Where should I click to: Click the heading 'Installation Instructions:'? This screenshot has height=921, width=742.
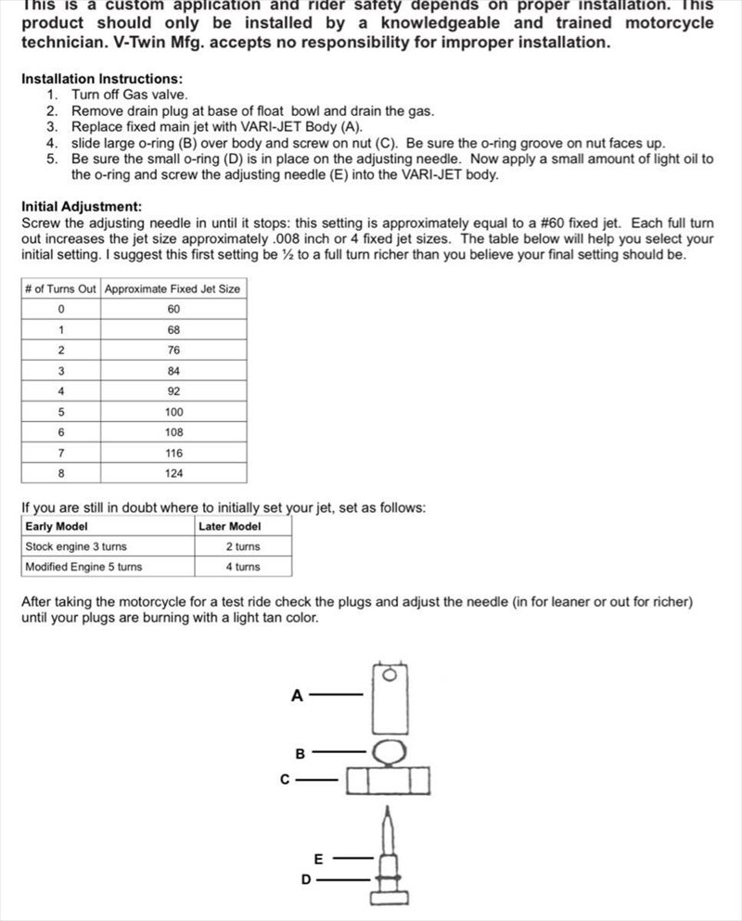pyautogui.click(x=102, y=80)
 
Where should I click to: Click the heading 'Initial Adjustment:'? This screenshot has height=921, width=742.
pyautogui.click(x=82, y=207)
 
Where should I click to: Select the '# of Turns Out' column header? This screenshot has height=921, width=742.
pyautogui.click(x=60, y=288)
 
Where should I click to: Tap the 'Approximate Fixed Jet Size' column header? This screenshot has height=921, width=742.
pyautogui.click(x=173, y=288)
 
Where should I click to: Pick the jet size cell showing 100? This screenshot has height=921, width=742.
pyautogui.click(x=173, y=412)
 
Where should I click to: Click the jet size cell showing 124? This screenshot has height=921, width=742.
pyautogui.click(x=173, y=473)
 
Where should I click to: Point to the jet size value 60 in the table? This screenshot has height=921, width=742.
pyautogui.click(x=173, y=309)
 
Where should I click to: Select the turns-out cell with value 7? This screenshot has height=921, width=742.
pyautogui.click(x=60, y=453)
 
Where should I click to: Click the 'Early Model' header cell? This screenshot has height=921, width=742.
pyautogui.click(x=57, y=526)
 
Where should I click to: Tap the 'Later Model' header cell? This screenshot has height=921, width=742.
pyautogui.click(x=230, y=526)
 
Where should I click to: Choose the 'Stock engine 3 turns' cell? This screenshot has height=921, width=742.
pyautogui.click(x=76, y=546)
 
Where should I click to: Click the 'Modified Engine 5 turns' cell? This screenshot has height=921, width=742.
pyautogui.click(x=83, y=567)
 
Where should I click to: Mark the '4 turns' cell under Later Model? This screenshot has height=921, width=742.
pyautogui.click(x=243, y=567)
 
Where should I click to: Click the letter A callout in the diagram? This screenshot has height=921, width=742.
pyautogui.click(x=297, y=695)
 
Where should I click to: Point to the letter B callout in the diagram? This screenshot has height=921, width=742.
pyautogui.click(x=301, y=754)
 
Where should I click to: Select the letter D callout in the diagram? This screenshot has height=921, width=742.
pyautogui.click(x=306, y=879)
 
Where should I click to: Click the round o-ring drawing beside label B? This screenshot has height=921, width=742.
pyautogui.click(x=390, y=751)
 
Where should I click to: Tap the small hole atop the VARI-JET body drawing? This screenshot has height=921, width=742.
pyautogui.click(x=390, y=673)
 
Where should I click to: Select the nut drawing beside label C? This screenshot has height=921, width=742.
pyautogui.click(x=389, y=780)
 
